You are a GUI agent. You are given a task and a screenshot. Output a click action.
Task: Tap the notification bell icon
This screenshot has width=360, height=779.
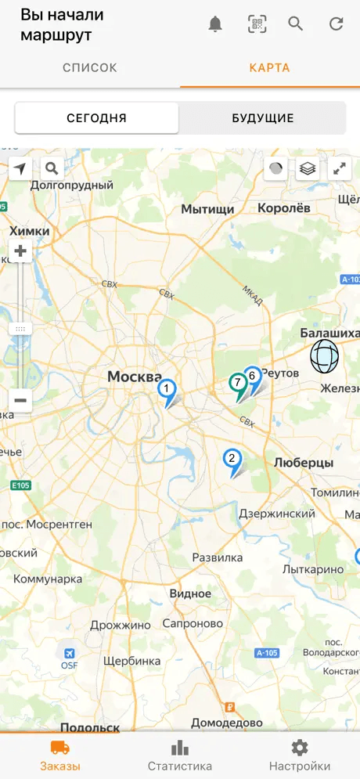[x=215, y=24]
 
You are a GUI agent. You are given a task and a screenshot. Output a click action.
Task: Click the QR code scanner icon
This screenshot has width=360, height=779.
[x=257, y=24]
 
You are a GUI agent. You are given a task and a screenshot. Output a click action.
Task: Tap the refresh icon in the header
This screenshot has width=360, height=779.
[x=337, y=24]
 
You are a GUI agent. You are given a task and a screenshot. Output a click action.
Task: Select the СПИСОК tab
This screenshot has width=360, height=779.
[x=90, y=68]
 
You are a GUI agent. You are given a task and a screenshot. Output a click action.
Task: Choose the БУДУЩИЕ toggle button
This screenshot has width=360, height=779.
[x=263, y=118]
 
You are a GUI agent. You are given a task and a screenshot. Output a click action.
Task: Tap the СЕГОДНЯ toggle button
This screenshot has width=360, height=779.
[x=97, y=118]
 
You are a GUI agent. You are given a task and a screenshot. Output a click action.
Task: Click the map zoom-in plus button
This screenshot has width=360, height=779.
[x=20, y=252]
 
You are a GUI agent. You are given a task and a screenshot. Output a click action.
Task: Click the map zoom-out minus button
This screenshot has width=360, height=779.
[x=20, y=400]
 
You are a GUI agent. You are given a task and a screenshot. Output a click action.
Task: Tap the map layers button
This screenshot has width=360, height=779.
[x=308, y=168]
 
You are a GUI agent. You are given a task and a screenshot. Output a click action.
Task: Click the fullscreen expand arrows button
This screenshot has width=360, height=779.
[x=340, y=168]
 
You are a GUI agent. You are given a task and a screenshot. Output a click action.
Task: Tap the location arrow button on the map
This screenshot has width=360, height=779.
[x=20, y=168]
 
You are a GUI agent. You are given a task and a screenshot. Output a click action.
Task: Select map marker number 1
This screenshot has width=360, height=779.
[x=166, y=389]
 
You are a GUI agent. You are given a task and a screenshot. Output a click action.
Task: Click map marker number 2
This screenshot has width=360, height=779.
[x=232, y=459]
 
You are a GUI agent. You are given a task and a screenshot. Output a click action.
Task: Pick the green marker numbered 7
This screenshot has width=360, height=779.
[x=237, y=384]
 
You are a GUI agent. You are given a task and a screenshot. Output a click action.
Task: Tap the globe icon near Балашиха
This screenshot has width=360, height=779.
[x=325, y=356]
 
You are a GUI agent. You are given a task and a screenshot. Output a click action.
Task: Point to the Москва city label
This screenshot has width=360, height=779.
[x=135, y=377]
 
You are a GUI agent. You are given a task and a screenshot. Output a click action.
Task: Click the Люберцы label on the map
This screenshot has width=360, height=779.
[x=304, y=463]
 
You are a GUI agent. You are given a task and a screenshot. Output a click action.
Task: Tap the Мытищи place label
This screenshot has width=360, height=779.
[x=207, y=209]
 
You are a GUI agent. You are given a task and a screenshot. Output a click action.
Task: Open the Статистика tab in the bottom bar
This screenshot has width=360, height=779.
[x=180, y=756]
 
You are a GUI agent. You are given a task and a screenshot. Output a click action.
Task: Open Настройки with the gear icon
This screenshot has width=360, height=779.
[x=299, y=756]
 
